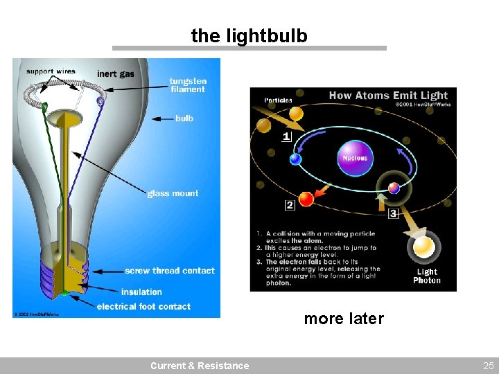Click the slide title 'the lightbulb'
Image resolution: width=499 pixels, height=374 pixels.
coord(249,35)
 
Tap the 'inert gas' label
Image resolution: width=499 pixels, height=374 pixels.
coord(116,73)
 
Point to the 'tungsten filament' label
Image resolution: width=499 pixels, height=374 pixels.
coord(187,85)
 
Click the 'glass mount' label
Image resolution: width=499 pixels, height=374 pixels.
coord(173,193)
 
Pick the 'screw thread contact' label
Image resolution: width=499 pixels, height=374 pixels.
coord(170,270)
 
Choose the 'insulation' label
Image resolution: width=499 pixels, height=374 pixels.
coord(141,292)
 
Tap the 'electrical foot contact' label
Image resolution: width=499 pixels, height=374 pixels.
coord(143,306)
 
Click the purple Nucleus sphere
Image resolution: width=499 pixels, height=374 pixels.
coord(354,157)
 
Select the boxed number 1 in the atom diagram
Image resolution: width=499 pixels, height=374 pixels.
coord(286,136)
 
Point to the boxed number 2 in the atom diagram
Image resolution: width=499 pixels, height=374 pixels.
coord(289,204)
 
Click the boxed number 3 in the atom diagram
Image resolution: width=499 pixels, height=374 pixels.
coord(393,213)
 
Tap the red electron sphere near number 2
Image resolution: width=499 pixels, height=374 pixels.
coord(306,199)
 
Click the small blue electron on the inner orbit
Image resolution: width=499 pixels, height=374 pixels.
coord(296,159)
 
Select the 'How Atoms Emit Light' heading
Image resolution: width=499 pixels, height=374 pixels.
coord(388,96)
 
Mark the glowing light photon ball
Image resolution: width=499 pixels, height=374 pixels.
coord(423,246)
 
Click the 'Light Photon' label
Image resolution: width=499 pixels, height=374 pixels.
coord(426,276)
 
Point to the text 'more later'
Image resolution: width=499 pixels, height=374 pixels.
coord(343,319)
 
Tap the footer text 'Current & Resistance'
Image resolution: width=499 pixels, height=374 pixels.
coord(200,366)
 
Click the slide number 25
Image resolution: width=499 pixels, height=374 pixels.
coord(488,366)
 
